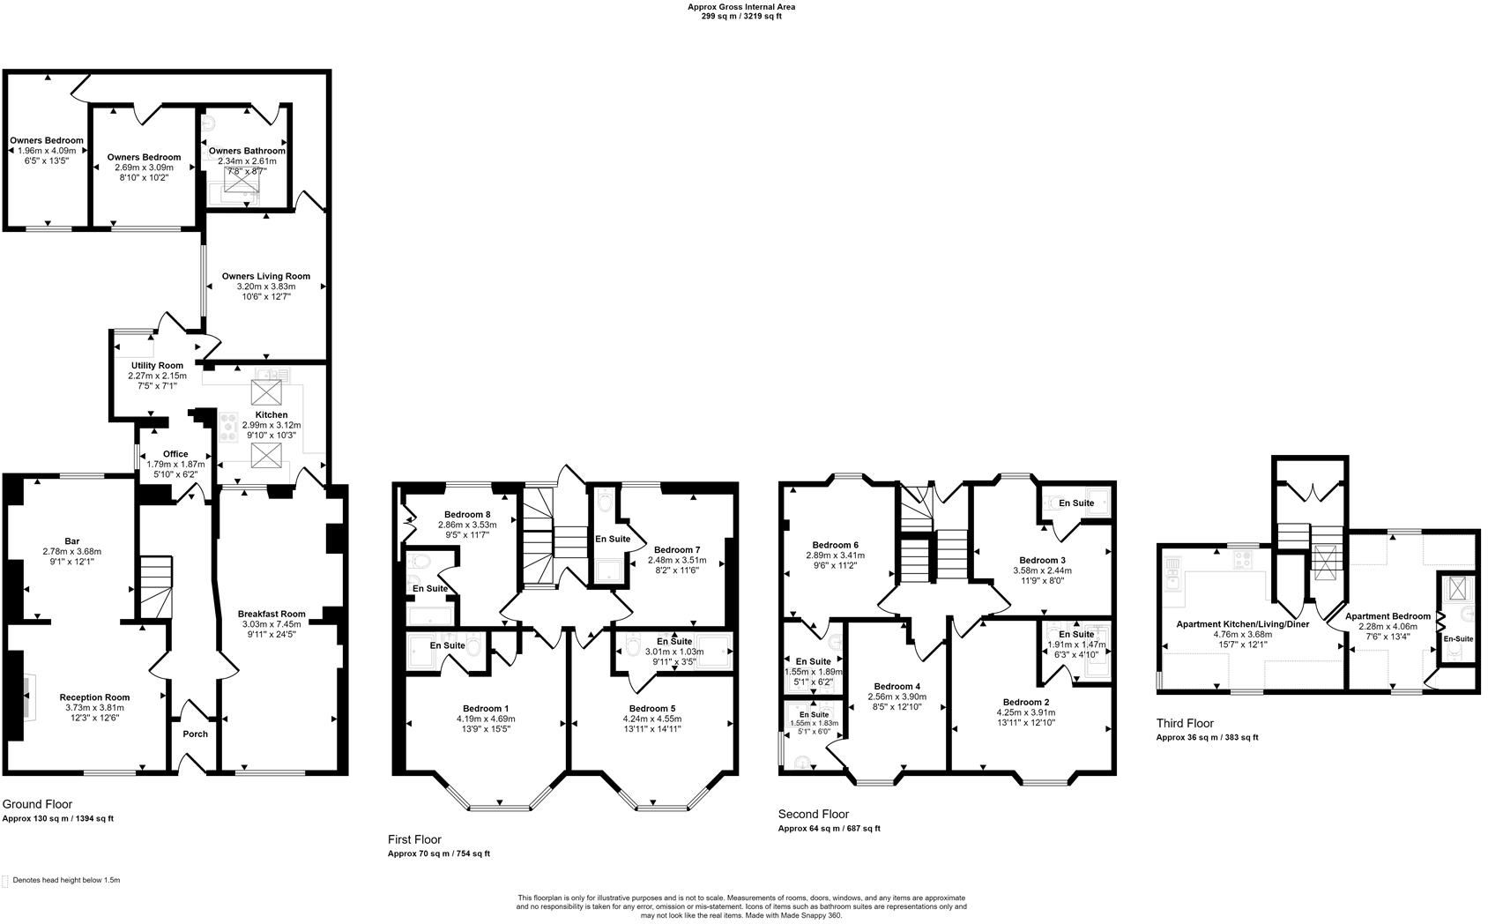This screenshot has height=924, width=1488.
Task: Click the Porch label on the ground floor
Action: [x=195, y=734]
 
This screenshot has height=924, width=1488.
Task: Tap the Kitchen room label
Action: [x=272, y=414]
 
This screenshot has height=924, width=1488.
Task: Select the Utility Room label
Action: [x=157, y=365]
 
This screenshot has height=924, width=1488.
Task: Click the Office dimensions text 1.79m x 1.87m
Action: [x=175, y=464]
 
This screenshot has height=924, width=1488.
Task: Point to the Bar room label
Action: [x=72, y=540]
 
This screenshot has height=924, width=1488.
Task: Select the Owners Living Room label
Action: [x=266, y=276]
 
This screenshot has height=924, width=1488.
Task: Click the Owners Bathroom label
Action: [x=247, y=151]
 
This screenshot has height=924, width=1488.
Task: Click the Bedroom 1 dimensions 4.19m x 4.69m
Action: [x=486, y=719]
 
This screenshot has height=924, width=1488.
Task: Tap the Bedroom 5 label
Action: [x=652, y=708]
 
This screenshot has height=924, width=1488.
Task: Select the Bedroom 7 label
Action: [x=677, y=549]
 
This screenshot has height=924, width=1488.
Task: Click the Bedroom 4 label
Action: [x=897, y=686]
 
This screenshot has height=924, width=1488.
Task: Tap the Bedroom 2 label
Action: [x=1025, y=702]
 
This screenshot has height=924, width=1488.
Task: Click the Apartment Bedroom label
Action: [x=1392, y=616]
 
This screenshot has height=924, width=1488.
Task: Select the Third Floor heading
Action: [x=1185, y=723]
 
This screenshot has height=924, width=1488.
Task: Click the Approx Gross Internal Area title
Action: [x=741, y=7]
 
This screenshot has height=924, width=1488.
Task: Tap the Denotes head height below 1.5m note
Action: [x=66, y=880]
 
